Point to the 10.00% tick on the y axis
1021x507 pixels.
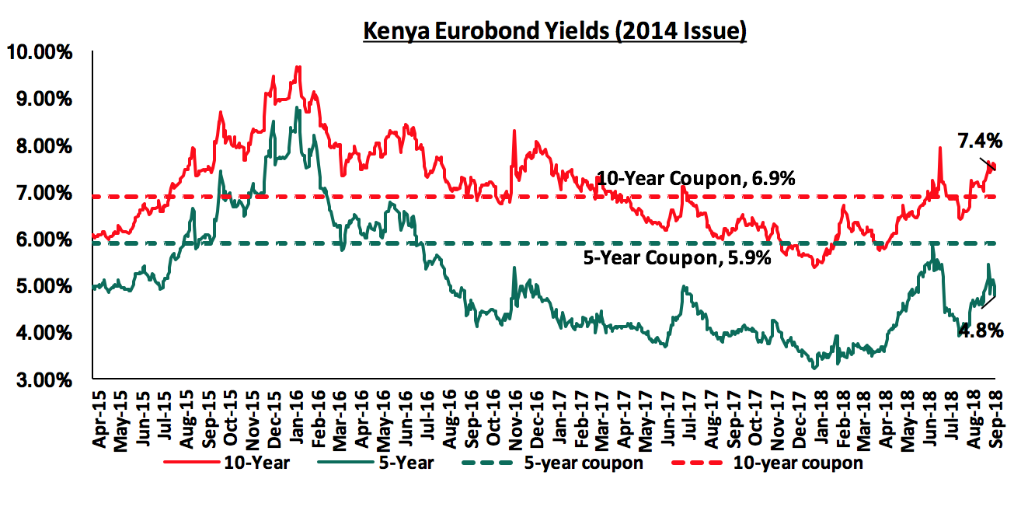coord(40,53)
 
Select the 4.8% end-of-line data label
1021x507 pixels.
coord(981,330)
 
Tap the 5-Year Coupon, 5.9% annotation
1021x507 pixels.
coord(677,258)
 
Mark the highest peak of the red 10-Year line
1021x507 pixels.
coord(298,67)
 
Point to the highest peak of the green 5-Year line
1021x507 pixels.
coord(297,107)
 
